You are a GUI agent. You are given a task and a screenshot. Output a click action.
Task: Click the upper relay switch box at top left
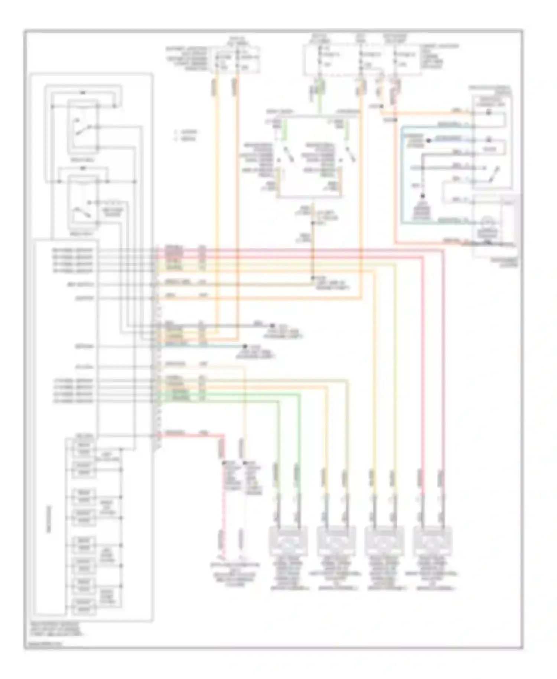pyautogui.click(x=82, y=126)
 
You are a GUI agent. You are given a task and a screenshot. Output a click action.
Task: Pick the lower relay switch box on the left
pyautogui.click(x=82, y=202)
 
